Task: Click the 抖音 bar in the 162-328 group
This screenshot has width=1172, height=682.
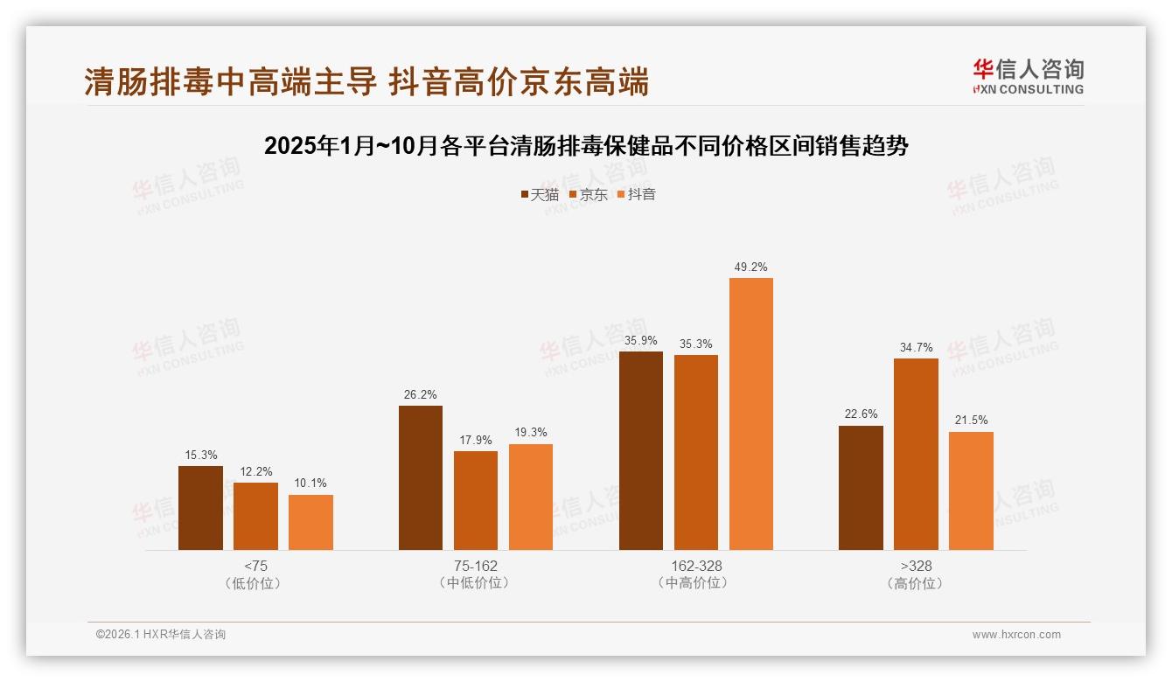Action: [x=751, y=414]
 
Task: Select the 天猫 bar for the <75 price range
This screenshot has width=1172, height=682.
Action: [x=200, y=508]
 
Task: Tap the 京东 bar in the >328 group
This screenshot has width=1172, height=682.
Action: [x=916, y=454]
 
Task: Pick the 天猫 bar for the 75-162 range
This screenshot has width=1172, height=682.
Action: [x=421, y=477]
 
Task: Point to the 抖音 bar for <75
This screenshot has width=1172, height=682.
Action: [x=310, y=522]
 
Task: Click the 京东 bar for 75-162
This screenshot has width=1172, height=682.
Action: [x=476, y=500]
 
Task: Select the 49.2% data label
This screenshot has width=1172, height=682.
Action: [x=751, y=268]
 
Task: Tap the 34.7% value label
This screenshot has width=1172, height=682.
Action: [x=916, y=348]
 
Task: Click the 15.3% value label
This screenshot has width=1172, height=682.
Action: [x=200, y=456]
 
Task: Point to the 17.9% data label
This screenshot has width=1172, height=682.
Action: [x=476, y=441]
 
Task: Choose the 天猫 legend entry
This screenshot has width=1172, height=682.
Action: [x=540, y=195]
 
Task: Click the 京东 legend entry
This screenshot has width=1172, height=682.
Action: [x=589, y=195]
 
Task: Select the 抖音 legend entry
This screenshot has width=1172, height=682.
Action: [x=637, y=195]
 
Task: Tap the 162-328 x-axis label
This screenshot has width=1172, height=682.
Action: [x=696, y=566]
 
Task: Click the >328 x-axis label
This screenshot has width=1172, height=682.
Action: [x=916, y=566]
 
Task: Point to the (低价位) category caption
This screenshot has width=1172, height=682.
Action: [x=255, y=583]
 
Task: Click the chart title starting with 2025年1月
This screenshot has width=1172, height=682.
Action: [x=586, y=146]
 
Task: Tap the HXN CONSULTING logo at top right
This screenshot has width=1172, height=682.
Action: [x=1029, y=76]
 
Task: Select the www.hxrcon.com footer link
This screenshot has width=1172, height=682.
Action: [x=1016, y=635]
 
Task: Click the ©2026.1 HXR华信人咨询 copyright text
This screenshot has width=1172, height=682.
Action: [x=161, y=635]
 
